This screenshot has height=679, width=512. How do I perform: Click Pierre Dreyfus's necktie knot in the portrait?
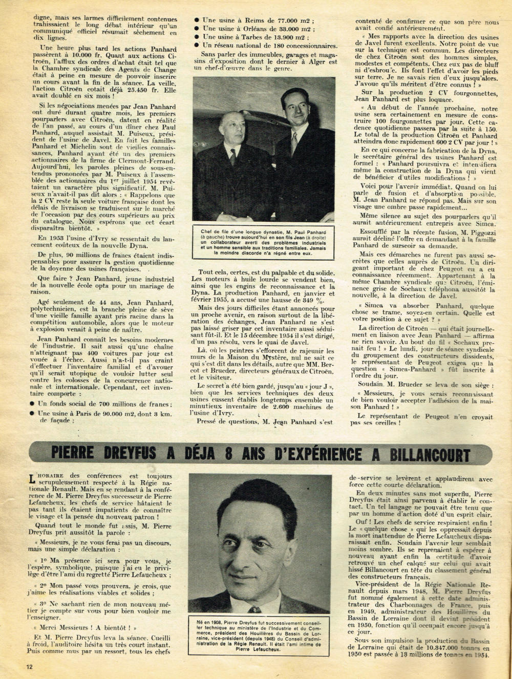[x=254, y=609]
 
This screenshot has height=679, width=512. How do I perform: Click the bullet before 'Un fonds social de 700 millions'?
[x=33, y=404]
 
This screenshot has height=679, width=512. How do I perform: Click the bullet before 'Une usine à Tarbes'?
[x=197, y=37]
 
